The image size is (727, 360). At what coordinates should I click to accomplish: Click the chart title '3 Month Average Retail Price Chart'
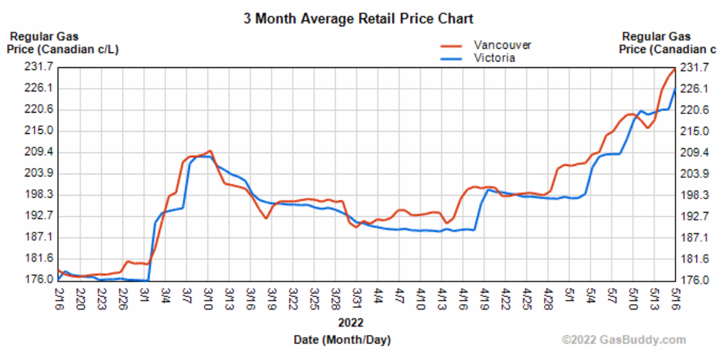click(358, 18)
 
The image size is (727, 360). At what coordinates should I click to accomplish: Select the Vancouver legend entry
click(502, 45)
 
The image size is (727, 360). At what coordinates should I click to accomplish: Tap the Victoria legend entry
click(494, 58)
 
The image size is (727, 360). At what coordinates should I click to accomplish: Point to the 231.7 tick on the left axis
click(38, 67)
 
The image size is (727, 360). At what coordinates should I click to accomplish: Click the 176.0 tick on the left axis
click(38, 280)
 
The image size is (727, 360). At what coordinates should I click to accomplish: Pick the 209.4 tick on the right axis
click(694, 152)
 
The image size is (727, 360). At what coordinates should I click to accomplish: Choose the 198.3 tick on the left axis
click(38, 195)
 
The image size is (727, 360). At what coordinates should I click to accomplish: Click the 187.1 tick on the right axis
click(694, 237)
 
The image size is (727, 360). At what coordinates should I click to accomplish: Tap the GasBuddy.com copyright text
click(624, 340)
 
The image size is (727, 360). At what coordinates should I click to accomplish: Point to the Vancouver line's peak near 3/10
click(210, 151)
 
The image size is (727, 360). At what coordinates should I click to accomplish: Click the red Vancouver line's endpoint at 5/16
click(675, 68)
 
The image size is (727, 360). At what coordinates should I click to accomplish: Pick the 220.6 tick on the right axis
click(694, 110)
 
